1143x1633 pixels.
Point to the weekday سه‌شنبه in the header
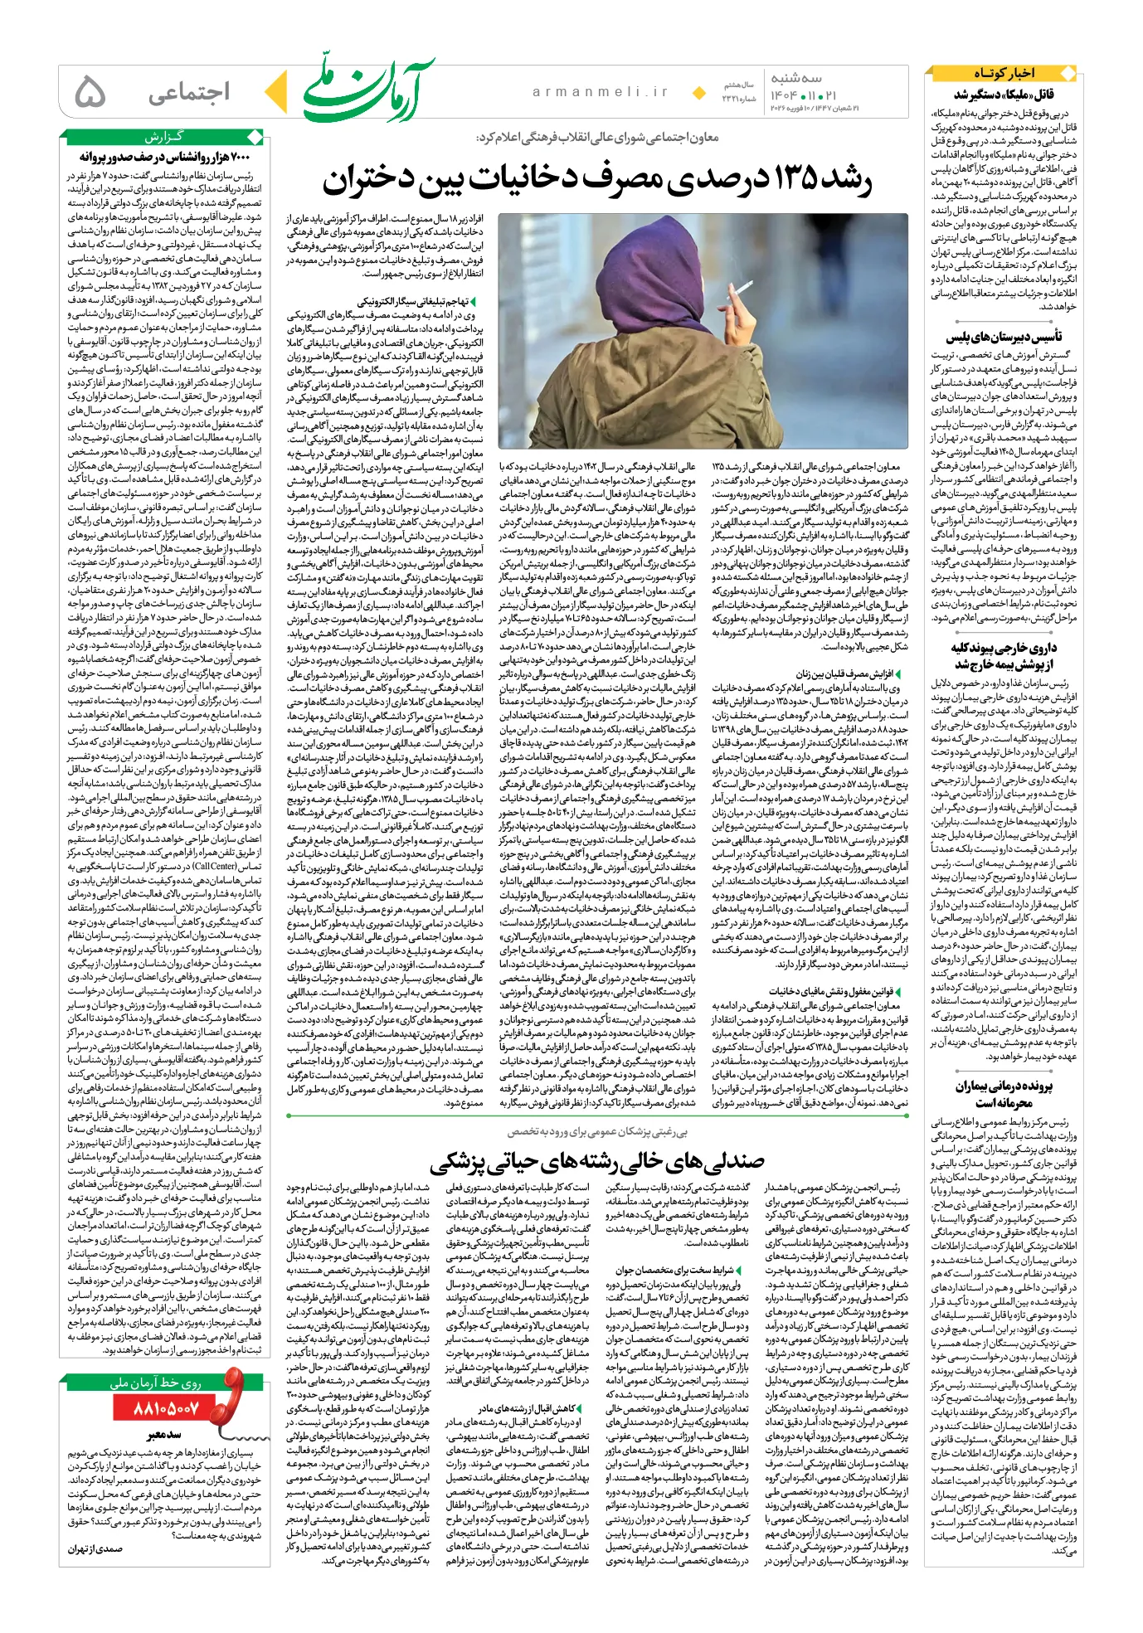point(795,78)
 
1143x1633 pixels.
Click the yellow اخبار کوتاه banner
point(1004,73)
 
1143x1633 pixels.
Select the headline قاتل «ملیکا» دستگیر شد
point(1004,94)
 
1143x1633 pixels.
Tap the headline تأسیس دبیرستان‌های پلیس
point(1004,337)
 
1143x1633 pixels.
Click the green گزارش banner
point(164,137)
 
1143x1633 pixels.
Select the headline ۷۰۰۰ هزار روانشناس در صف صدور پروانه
point(165,157)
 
